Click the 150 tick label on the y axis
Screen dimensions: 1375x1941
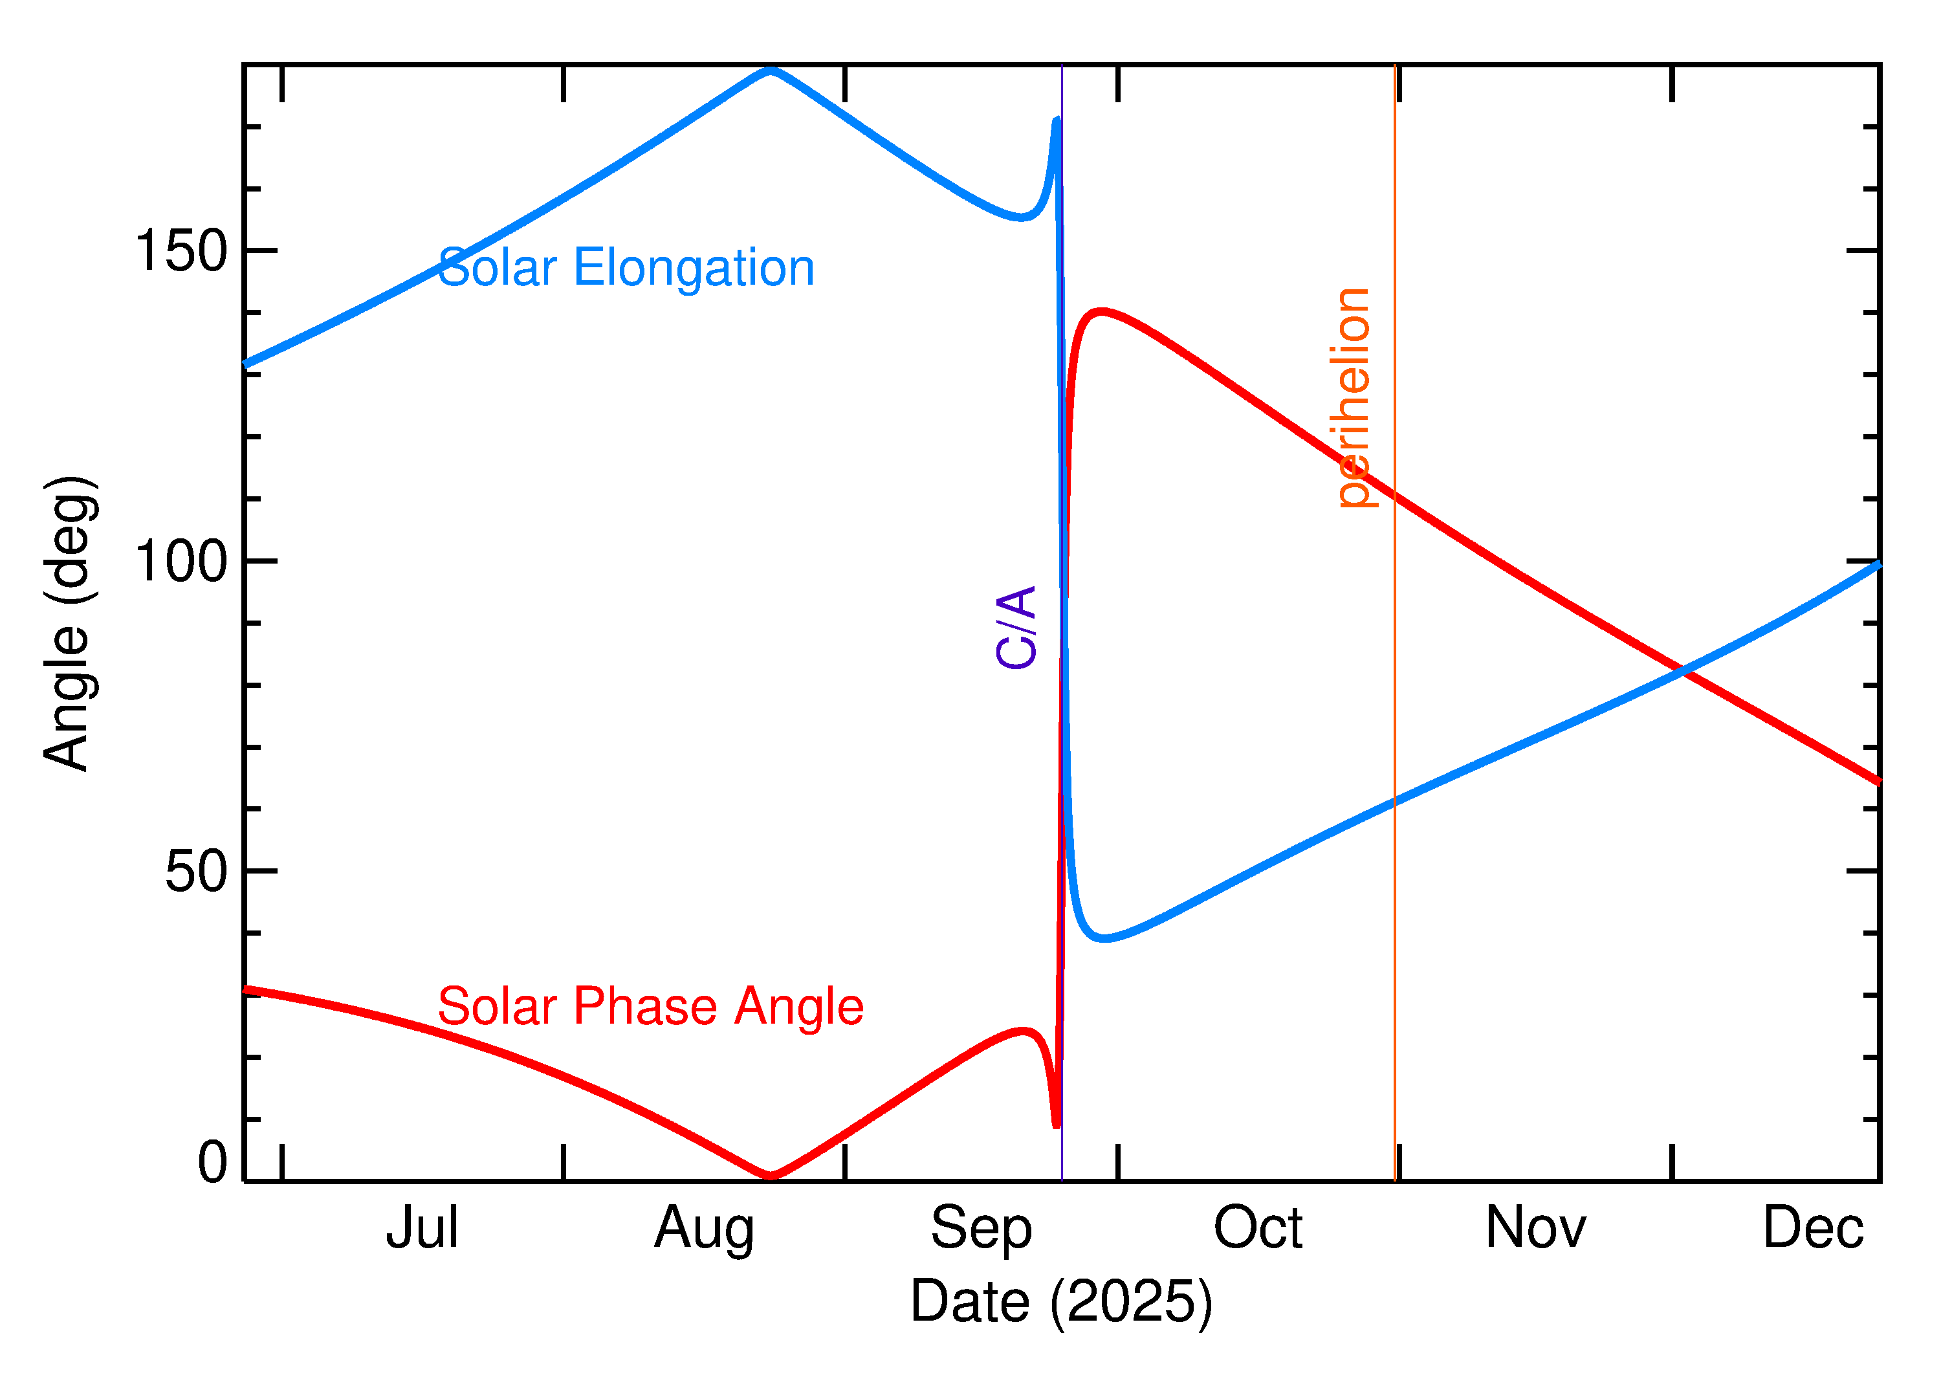pos(181,252)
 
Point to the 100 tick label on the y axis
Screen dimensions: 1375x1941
pos(181,562)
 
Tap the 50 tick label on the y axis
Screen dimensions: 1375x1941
pos(197,872)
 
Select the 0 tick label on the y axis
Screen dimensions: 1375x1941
pos(212,1163)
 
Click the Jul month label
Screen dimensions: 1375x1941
pos(422,1227)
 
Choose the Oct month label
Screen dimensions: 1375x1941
pos(1258,1227)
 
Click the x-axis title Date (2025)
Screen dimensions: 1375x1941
pos(1062,1301)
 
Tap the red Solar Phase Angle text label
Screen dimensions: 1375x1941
pos(650,1007)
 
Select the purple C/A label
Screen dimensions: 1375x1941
pos(1016,628)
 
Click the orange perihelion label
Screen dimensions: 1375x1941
pos(1354,398)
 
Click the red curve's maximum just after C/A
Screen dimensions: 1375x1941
pos(1101,312)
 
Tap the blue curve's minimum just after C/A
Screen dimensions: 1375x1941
pos(1104,938)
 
